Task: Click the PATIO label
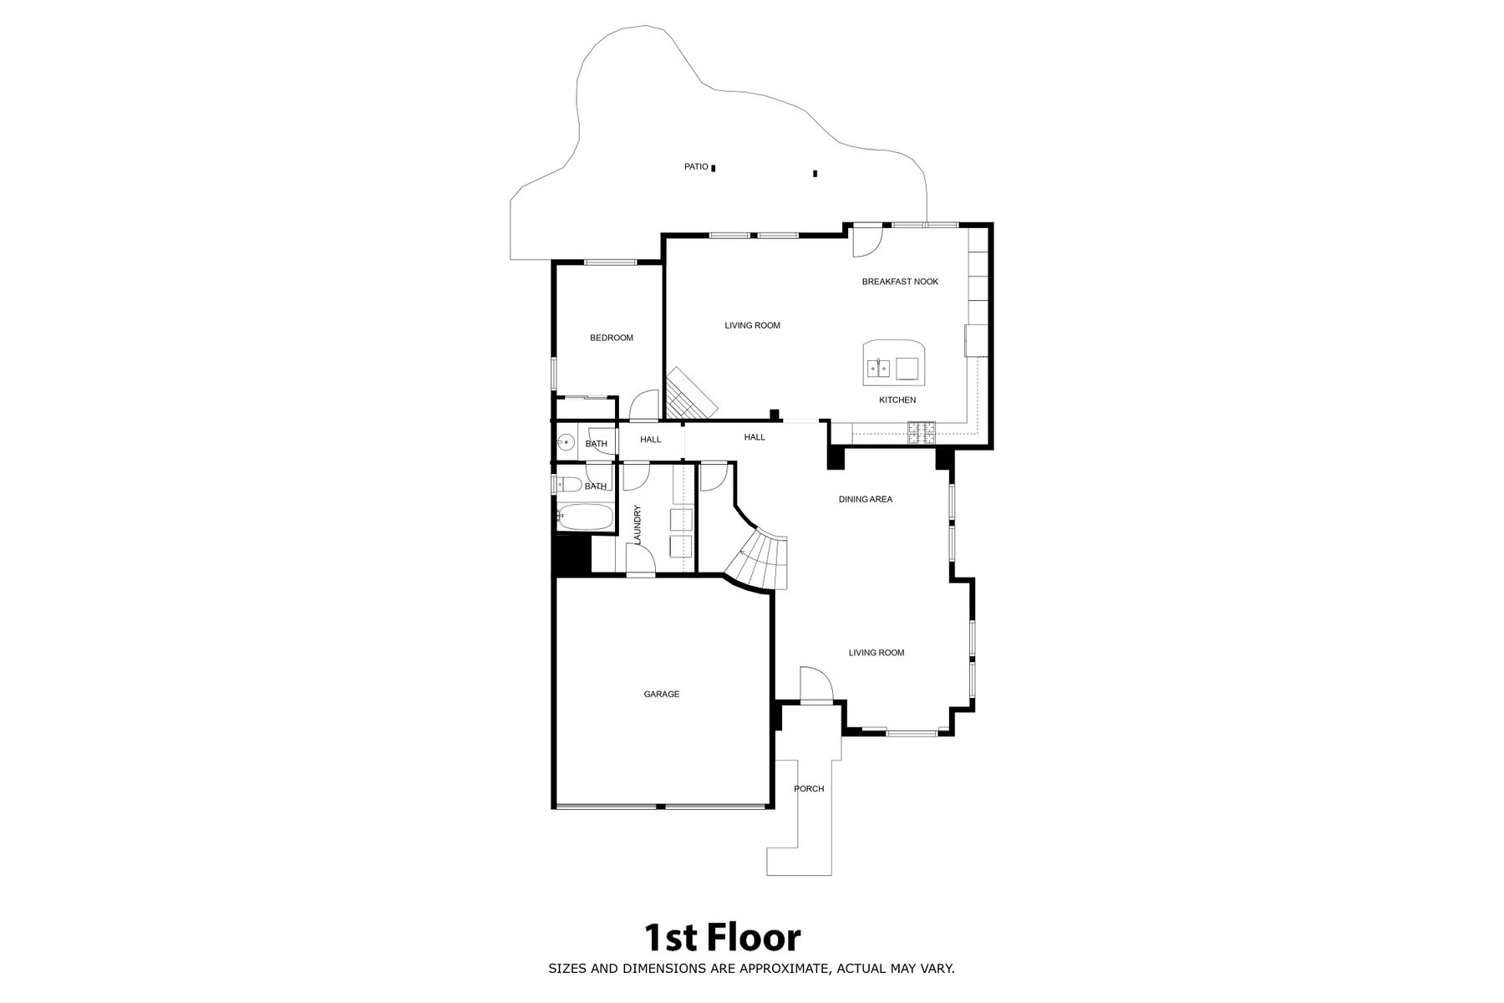(696, 167)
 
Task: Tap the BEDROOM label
(612, 338)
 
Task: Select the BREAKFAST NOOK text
(900, 282)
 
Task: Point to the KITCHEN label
(897, 400)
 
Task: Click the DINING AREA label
(866, 499)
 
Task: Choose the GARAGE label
(661, 694)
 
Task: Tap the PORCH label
(809, 789)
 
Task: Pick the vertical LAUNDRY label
(638, 525)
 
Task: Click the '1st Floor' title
(722, 938)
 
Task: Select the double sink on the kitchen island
(877, 367)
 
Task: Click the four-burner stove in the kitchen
(922, 432)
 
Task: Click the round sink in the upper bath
(566, 442)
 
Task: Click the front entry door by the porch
(816, 685)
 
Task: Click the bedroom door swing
(643, 405)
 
